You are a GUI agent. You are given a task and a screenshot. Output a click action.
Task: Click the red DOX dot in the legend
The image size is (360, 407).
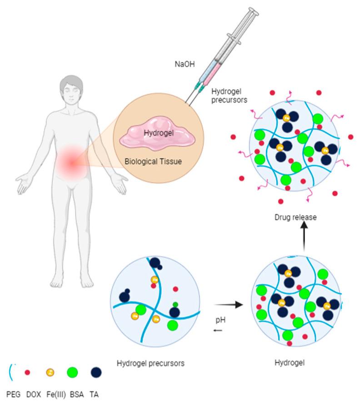(27, 372)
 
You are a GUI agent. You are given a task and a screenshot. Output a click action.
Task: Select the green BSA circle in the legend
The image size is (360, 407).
(72, 372)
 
